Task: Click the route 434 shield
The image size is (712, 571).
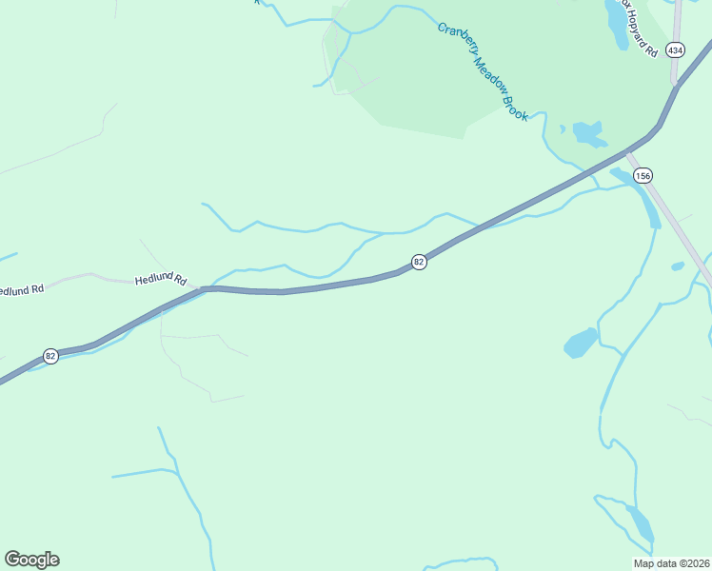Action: [x=675, y=49]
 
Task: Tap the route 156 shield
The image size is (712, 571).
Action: [x=643, y=175]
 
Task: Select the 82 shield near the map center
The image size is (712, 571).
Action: [x=419, y=261]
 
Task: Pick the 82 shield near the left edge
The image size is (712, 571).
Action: [x=50, y=356]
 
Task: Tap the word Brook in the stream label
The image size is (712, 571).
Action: [x=516, y=108]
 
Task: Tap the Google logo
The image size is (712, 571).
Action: [x=31, y=560]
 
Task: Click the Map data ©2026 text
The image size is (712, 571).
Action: [x=671, y=562]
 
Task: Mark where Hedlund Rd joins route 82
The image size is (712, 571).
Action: [x=202, y=288]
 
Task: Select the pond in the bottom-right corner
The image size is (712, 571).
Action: [x=640, y=523]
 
